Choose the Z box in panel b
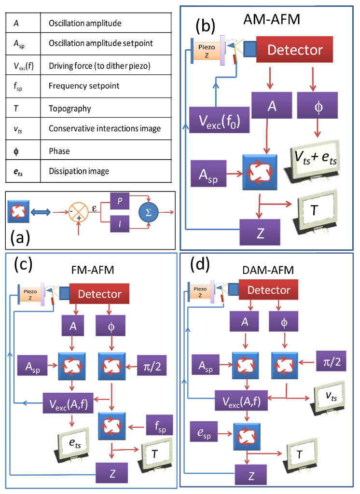pos(260,231)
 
